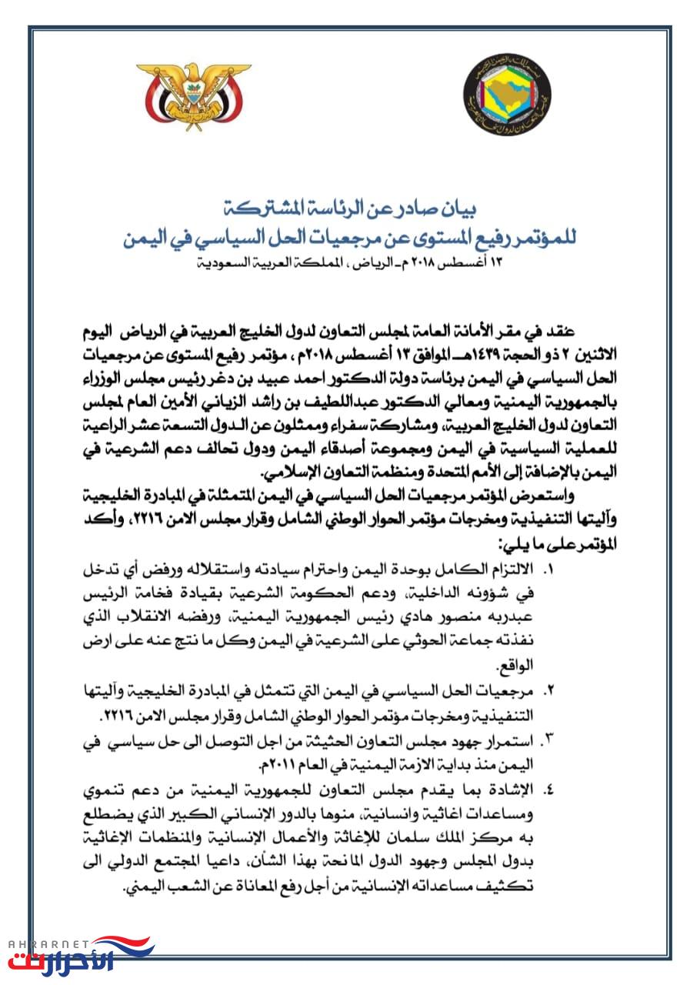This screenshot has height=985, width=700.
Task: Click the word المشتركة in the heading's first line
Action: (x=253, y=209)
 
